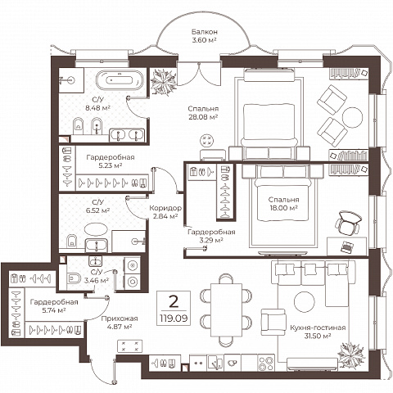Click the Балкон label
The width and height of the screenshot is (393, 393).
pos(205,32)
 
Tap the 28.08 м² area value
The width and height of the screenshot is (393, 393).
pos(203,117)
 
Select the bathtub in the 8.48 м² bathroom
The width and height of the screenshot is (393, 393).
pos(120,80)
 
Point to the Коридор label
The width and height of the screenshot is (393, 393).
pos(165,208)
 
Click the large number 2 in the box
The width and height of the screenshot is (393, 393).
pos(174,301)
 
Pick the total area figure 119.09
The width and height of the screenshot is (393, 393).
pos(174,318)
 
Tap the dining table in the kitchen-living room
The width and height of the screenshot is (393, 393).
pos(226,310)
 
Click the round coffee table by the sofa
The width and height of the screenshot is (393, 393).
pos(305,302)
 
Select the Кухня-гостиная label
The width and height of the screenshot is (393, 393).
pos(318,327)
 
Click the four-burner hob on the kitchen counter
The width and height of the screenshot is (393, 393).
pos(266,363)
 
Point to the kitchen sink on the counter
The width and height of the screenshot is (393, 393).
pos(215,363)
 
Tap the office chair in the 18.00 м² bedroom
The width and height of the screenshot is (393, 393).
pos(348,223)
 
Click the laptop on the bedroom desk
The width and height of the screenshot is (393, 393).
pos(346,246)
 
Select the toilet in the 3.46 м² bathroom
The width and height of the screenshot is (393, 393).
pos(74,278)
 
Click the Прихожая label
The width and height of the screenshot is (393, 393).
pos(120,318)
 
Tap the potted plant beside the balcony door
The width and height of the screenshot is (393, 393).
pos(164,82)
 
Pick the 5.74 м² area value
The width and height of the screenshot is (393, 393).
pos(54,310)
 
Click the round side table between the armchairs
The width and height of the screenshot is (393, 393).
pos(352,117)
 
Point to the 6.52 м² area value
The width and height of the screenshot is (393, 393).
pos(97,210)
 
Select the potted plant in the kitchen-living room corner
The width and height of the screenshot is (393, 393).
pos(351,355)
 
